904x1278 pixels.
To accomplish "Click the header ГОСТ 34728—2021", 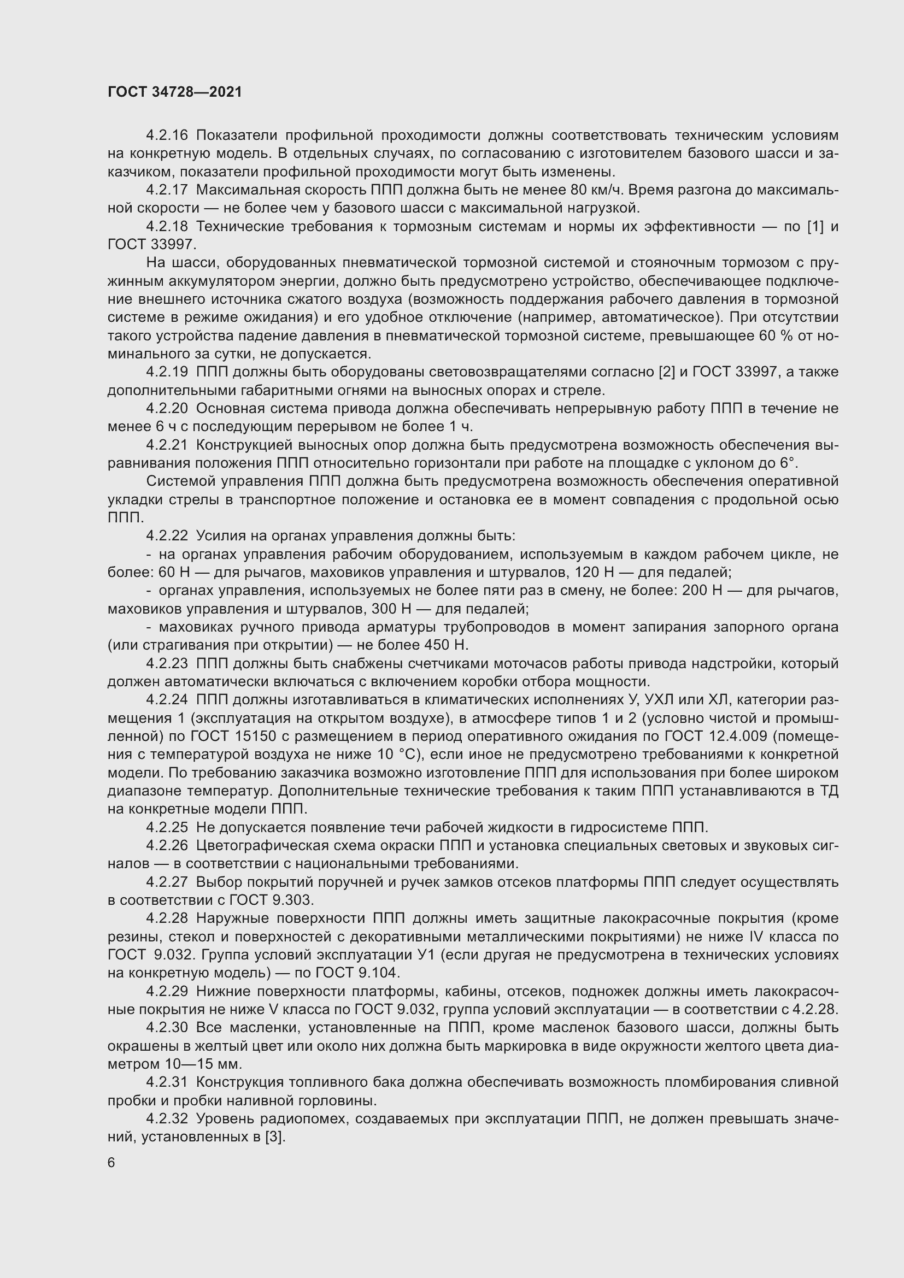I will [175, 92].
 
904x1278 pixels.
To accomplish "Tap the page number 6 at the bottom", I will [111, 1163].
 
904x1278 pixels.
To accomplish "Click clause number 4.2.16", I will [167, 136].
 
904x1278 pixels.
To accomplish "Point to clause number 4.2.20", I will [167, 409].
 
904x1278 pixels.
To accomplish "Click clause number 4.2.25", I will [167, 828].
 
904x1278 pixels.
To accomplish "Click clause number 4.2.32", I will [167, 1119].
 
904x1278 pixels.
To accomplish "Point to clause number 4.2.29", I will [167, 991].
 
